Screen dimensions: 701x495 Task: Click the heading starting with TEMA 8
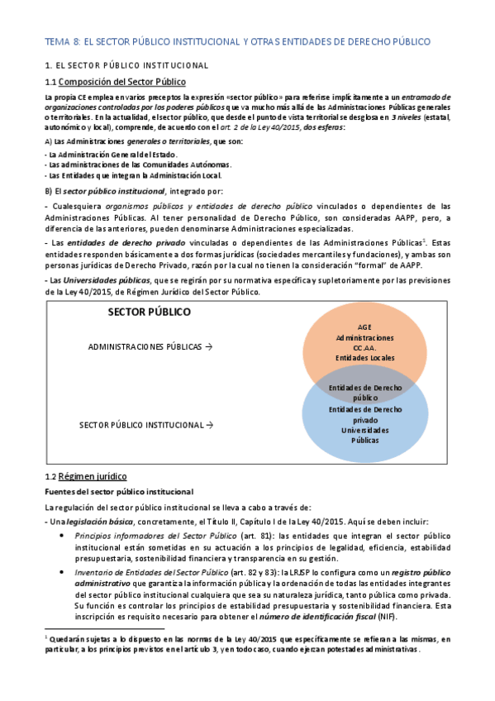click(236, 41)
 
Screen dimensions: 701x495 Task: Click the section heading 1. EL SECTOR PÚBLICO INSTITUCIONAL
click(126, 65)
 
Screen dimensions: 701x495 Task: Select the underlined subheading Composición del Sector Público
click(123, 81)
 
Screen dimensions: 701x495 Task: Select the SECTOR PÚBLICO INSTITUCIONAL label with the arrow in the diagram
click(145, 425)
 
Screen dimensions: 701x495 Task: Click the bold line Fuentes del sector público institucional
click(119, 492)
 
